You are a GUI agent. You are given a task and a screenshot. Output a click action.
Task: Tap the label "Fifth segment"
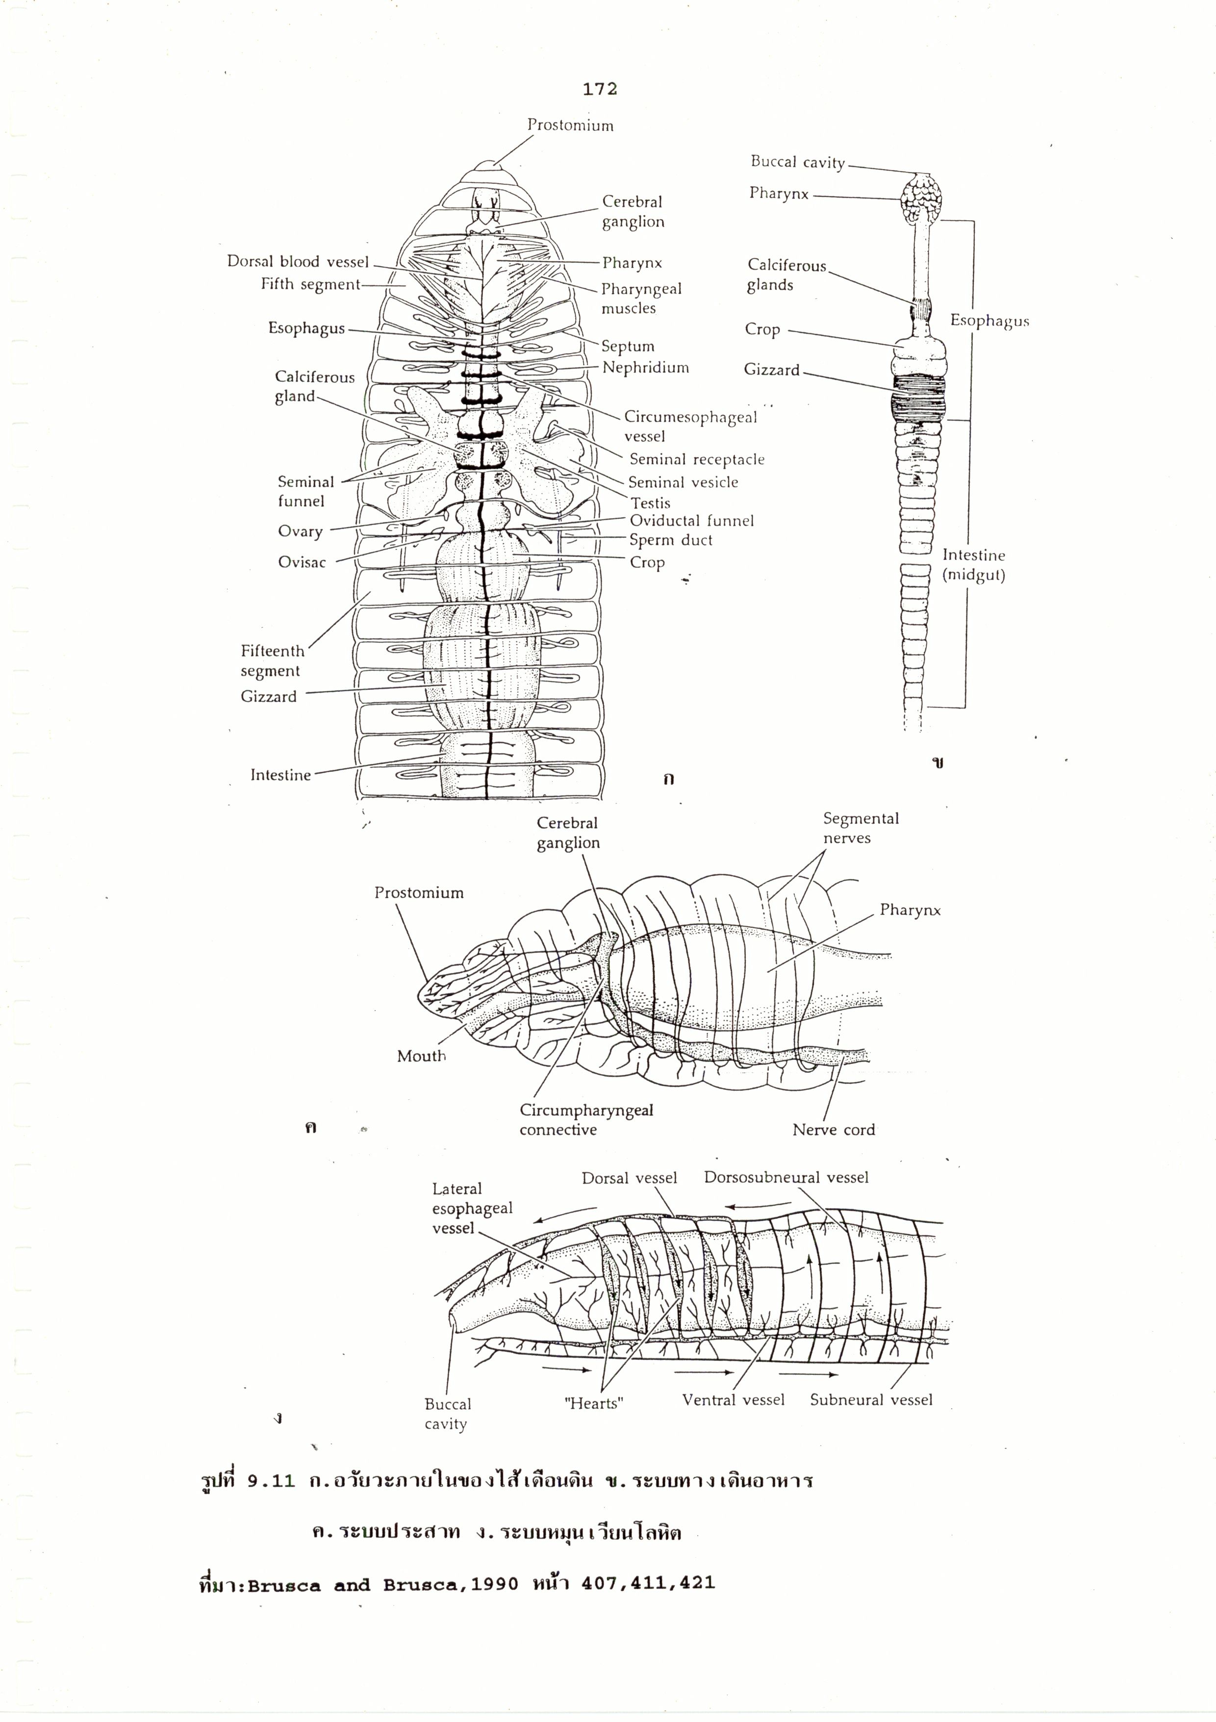point(310,284)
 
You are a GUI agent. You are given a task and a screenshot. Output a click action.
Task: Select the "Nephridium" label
point(645,368)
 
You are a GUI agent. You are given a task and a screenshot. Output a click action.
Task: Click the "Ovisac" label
point(302,562)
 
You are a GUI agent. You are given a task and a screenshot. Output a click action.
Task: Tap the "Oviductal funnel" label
point(691,521)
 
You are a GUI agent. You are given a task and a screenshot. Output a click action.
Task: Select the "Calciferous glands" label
point(785,275)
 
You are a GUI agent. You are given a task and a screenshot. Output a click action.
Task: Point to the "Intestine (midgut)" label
point(974,565)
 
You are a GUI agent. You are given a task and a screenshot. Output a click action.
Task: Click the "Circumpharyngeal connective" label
point(586,1120)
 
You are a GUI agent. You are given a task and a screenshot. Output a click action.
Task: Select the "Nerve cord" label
point(834,1130)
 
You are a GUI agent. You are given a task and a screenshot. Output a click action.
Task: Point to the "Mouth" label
point(421,1056)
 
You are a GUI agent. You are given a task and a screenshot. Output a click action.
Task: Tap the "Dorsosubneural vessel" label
point(785,1177)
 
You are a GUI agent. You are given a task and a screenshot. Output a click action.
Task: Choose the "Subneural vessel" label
point(871,1399)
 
